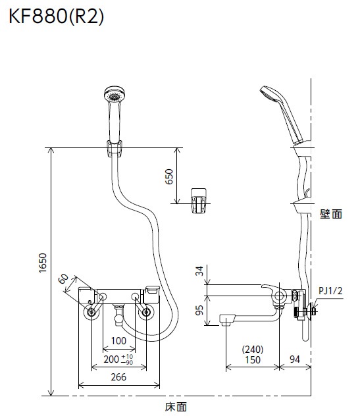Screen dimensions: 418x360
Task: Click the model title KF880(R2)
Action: (x=56, y=18)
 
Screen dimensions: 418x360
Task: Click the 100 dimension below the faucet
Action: (x=119, y=341)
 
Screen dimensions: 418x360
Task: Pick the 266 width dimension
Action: (x=119, y=378)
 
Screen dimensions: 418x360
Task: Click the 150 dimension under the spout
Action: (x=253, y=360)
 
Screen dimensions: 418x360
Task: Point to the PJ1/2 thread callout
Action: (x=331, y=290)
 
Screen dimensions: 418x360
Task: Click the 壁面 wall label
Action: (x=332, y=214)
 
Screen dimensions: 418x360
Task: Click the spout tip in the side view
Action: (x=226, y=321)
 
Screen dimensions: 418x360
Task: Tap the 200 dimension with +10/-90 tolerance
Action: (x=118, y=359)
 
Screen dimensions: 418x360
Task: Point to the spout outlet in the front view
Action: (x=118, y=320)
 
